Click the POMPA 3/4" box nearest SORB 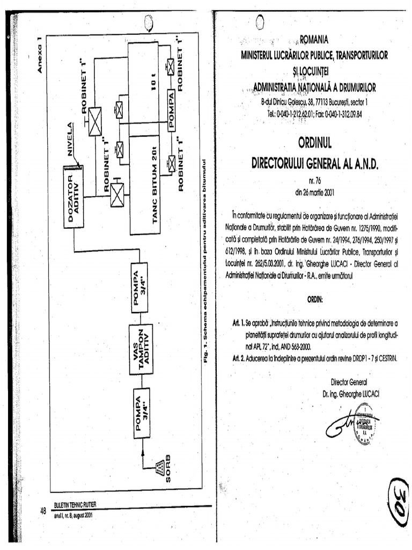click(x=142, y=413)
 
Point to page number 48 click(x=43, y=511)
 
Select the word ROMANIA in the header click(x=314, y=39)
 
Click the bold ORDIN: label click(x=315, y=299)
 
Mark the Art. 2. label click(x=238, y=358)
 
